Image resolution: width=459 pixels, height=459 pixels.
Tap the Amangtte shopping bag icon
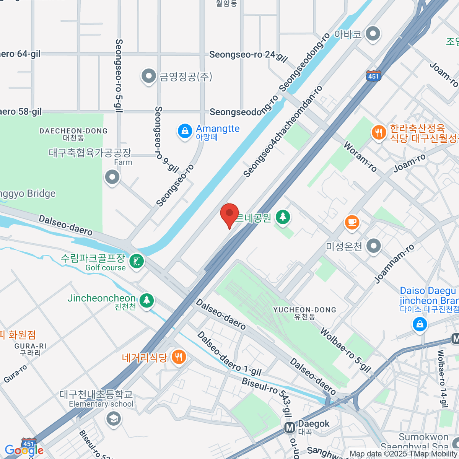(185, 131)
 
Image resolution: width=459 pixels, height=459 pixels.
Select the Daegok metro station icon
(290, 428)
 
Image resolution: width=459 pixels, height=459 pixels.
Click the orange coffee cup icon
(352, 222)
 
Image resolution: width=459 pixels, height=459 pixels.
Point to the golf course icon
(137, 262)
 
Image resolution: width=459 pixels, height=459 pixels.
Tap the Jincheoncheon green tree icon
(146, 300)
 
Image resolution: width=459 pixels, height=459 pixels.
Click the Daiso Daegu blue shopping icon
(420, 325)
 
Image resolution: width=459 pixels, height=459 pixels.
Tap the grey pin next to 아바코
(372, 34)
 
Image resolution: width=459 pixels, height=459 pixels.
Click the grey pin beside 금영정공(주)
(148, 76)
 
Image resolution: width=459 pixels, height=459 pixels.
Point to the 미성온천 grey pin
(373, 246)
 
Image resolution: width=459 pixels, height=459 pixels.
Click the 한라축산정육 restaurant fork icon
(379, 133)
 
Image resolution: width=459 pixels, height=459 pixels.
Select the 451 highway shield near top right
(373, 75)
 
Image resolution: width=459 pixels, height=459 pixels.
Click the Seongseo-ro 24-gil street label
(248, 56)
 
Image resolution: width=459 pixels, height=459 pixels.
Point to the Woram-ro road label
(360, 156)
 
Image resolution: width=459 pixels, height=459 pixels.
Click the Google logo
(24, 450)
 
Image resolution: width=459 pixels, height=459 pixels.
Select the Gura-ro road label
(16, 373)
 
